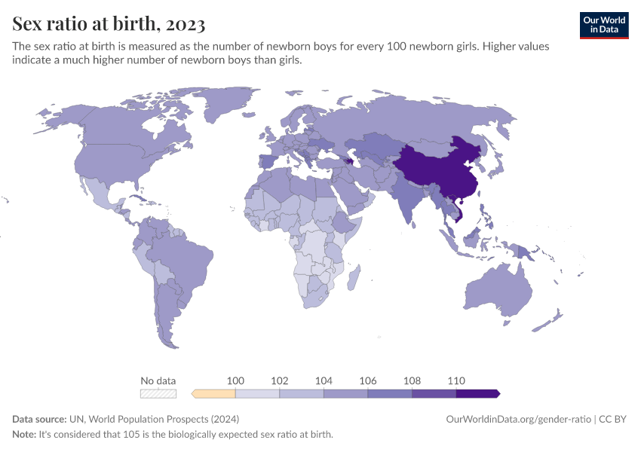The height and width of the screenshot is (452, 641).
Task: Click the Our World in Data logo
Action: tap(603, 25)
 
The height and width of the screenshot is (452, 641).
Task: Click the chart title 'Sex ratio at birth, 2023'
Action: tap(109, 24)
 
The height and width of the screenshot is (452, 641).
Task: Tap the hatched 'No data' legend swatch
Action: tap(158, 393)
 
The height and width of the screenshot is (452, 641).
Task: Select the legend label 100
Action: tap(235, 381)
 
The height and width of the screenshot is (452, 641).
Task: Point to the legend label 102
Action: tap(280, 381)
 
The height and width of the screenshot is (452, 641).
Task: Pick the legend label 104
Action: tap(324, 381)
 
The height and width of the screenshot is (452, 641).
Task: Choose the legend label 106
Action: tap(367, 381)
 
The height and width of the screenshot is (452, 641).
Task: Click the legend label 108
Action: tap(412, 381)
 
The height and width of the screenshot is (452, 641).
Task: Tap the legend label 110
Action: tap(455, 381)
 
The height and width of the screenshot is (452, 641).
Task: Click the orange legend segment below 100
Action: tap(215, 393)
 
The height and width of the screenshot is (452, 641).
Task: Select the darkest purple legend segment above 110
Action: tap(477, 393)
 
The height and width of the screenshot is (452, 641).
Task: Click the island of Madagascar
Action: tap(352, 278)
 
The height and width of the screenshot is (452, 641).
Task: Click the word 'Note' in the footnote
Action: tap(25, 435)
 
